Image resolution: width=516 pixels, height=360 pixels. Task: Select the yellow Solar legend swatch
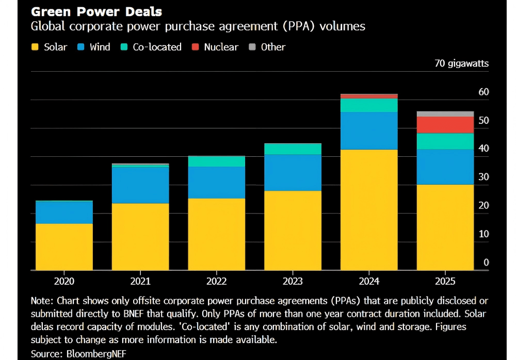[35, 47]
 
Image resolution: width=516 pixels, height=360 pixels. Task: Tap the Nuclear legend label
[221, 47]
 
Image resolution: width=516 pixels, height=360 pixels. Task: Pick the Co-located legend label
[157, 47]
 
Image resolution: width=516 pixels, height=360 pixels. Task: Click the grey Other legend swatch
[252, 47]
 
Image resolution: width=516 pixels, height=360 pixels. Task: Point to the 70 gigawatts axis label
[461, 63]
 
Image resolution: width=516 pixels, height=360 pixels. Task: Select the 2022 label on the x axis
[216, 282]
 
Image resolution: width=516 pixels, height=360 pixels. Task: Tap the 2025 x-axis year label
[445, 282]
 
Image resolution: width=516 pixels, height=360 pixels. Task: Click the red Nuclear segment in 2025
[445, 125]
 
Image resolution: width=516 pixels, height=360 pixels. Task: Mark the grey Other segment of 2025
[445, 114]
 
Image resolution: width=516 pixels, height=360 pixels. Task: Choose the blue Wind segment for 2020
[64, 212]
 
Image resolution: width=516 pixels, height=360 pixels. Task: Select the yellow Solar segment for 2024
[369, 209]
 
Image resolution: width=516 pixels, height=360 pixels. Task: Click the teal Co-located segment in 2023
[293, 149]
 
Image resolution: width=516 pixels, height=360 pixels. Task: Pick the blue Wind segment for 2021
[140, 185]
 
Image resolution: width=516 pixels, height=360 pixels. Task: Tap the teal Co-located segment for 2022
[216, 161]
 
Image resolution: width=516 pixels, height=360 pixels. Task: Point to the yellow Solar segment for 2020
[64, 247]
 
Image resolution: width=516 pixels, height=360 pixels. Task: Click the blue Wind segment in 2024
[369, 130]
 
